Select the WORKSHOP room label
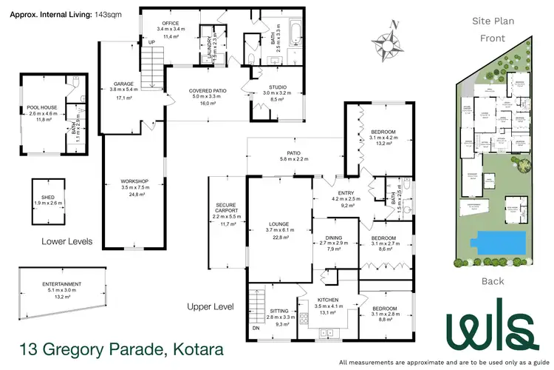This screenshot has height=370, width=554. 135,181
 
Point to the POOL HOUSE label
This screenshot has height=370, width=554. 41,107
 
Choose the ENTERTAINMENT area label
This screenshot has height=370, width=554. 61,284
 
